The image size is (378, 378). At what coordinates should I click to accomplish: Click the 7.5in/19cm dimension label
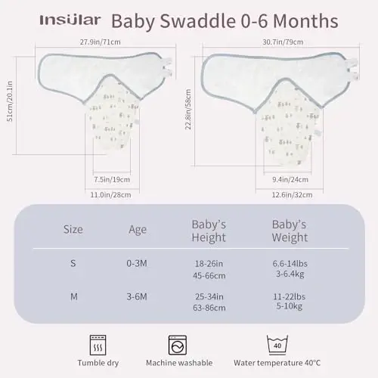point(112,180)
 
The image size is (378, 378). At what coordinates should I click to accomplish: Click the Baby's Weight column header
point(289,231)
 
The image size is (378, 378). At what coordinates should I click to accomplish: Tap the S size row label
point(73,265)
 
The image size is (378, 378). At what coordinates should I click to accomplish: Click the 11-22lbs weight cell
point(289,291)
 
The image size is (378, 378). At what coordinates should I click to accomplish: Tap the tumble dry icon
point(98,344)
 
